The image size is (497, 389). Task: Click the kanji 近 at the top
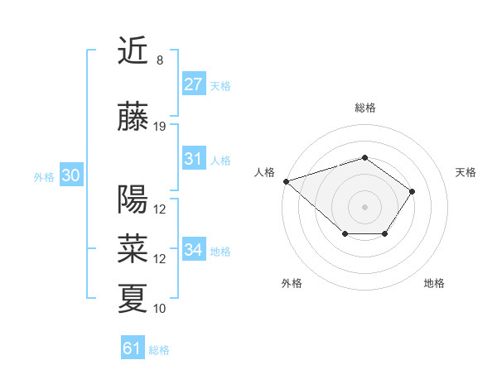(133, 51)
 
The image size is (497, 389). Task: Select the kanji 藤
(133, 118)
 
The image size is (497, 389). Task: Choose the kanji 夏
(133, 298)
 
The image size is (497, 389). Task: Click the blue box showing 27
(193, 84)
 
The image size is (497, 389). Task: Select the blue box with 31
(193, 159)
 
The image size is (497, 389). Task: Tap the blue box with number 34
(193, 250)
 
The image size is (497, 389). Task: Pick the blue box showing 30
(70, 175)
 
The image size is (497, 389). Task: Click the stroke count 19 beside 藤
(160, 127)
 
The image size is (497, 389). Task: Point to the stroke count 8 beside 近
(160, 60)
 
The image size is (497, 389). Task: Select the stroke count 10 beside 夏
(160, 309)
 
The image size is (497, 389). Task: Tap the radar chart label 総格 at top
(364, 108)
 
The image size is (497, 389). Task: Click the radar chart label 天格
(466, 172)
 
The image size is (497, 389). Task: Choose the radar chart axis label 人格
(265, 172)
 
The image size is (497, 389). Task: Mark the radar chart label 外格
(292, 283)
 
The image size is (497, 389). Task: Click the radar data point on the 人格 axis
(286, 180)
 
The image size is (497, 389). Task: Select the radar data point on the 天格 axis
(413, 191)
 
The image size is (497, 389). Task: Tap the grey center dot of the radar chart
(364, 206)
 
